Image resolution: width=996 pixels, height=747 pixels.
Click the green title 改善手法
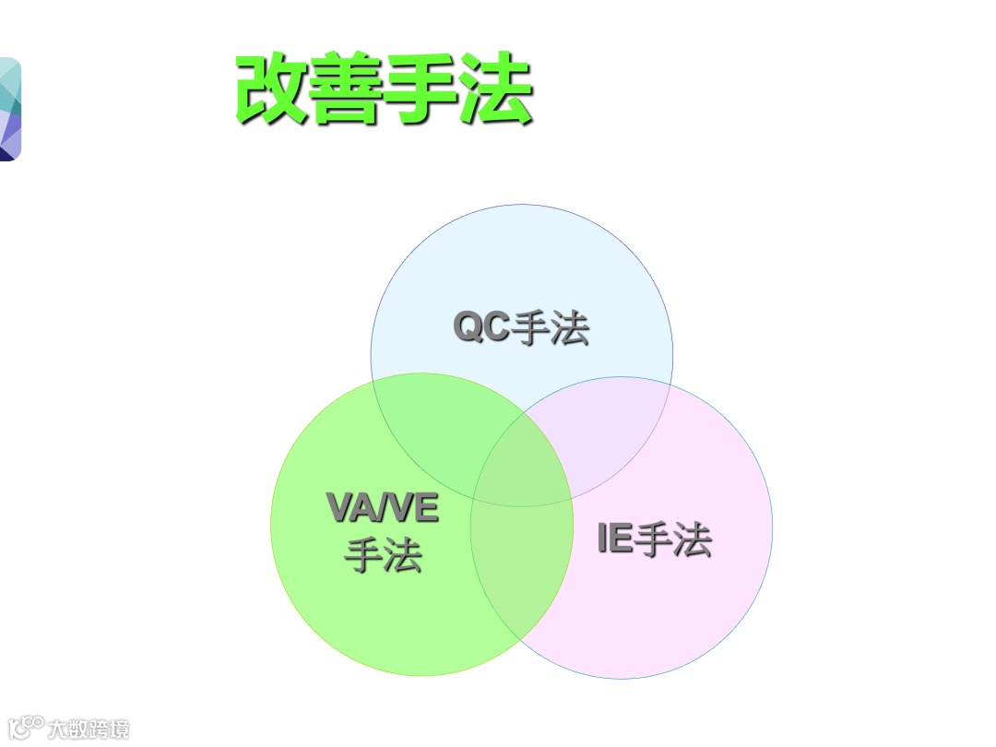pos(385,89)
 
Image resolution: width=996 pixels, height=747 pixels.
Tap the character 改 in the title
pos(272,89)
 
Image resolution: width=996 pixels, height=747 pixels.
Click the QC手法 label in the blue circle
pos(521,328)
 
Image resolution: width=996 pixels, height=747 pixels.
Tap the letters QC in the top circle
pos(481,327)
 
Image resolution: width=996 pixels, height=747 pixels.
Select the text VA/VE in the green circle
pos(383,508)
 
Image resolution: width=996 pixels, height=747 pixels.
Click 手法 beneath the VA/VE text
pos(383,555)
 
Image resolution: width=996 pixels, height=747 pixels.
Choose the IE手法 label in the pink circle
pos(655,539)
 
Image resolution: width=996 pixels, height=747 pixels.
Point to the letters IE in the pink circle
pos(615,539)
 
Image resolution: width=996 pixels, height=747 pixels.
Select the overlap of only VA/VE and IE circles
pos(521,572)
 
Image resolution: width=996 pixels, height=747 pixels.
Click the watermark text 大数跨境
pos(89,729)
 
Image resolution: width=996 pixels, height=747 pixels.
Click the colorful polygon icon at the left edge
pos(9,109)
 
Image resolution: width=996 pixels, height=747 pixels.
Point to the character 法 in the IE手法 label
pos(693,539)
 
